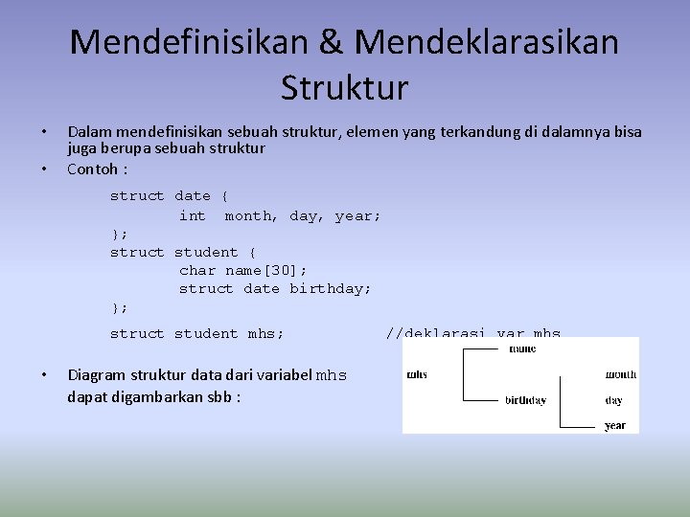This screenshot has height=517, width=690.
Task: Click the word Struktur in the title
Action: coord(345,88)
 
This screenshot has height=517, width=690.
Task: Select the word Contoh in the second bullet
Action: coord(92,169)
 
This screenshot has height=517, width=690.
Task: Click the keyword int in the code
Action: coord(193,215)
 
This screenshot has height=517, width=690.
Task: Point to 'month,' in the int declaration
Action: coord(252,215)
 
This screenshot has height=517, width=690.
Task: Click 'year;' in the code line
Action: coord(358,215)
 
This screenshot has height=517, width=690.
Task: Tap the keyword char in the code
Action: coord(197,270)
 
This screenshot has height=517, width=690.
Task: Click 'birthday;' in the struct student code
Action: coord(331,288)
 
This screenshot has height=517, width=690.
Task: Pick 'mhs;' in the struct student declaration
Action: coord(265,333)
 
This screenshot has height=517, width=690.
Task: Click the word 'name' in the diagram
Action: coord(522,349)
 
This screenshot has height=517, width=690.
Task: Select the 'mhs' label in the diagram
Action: coord(417,374)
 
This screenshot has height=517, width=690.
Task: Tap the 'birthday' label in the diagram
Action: coord(526,400)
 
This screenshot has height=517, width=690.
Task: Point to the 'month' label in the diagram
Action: coord(620,374)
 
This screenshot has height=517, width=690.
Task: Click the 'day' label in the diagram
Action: coord(613,400)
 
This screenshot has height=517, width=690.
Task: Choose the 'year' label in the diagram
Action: coord(615,425)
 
